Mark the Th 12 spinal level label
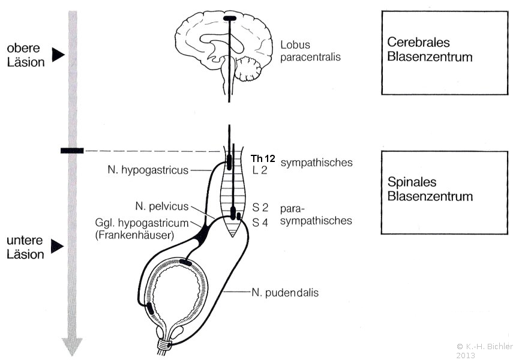pos(263,159)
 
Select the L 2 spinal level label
pos(259,171)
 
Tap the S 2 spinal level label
pos(260,208)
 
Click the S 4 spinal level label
pos(260,223)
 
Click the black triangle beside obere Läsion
pos(57,55)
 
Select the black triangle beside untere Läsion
pos(57,245)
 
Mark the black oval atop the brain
pos(230,18)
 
